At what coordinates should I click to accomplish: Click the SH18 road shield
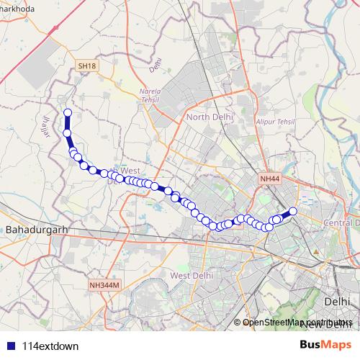[x=87, y=66]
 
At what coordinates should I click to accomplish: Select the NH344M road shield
[x=104, y=286]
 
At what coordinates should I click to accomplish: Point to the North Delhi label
[x=210, y=117]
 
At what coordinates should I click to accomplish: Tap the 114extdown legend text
[x=50, y=346]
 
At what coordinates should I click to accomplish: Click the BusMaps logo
[x=325, y=344]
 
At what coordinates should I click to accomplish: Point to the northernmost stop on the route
[x=68, y=112]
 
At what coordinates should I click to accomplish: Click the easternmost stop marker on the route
[x=293, y=211]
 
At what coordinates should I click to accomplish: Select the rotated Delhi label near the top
[x=153, y=67]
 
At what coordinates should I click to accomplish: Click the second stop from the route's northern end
[x=68, y=133]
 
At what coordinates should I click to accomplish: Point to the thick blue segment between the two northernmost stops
[x=68, y=123]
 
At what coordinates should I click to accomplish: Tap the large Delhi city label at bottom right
[x=337, y=302]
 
